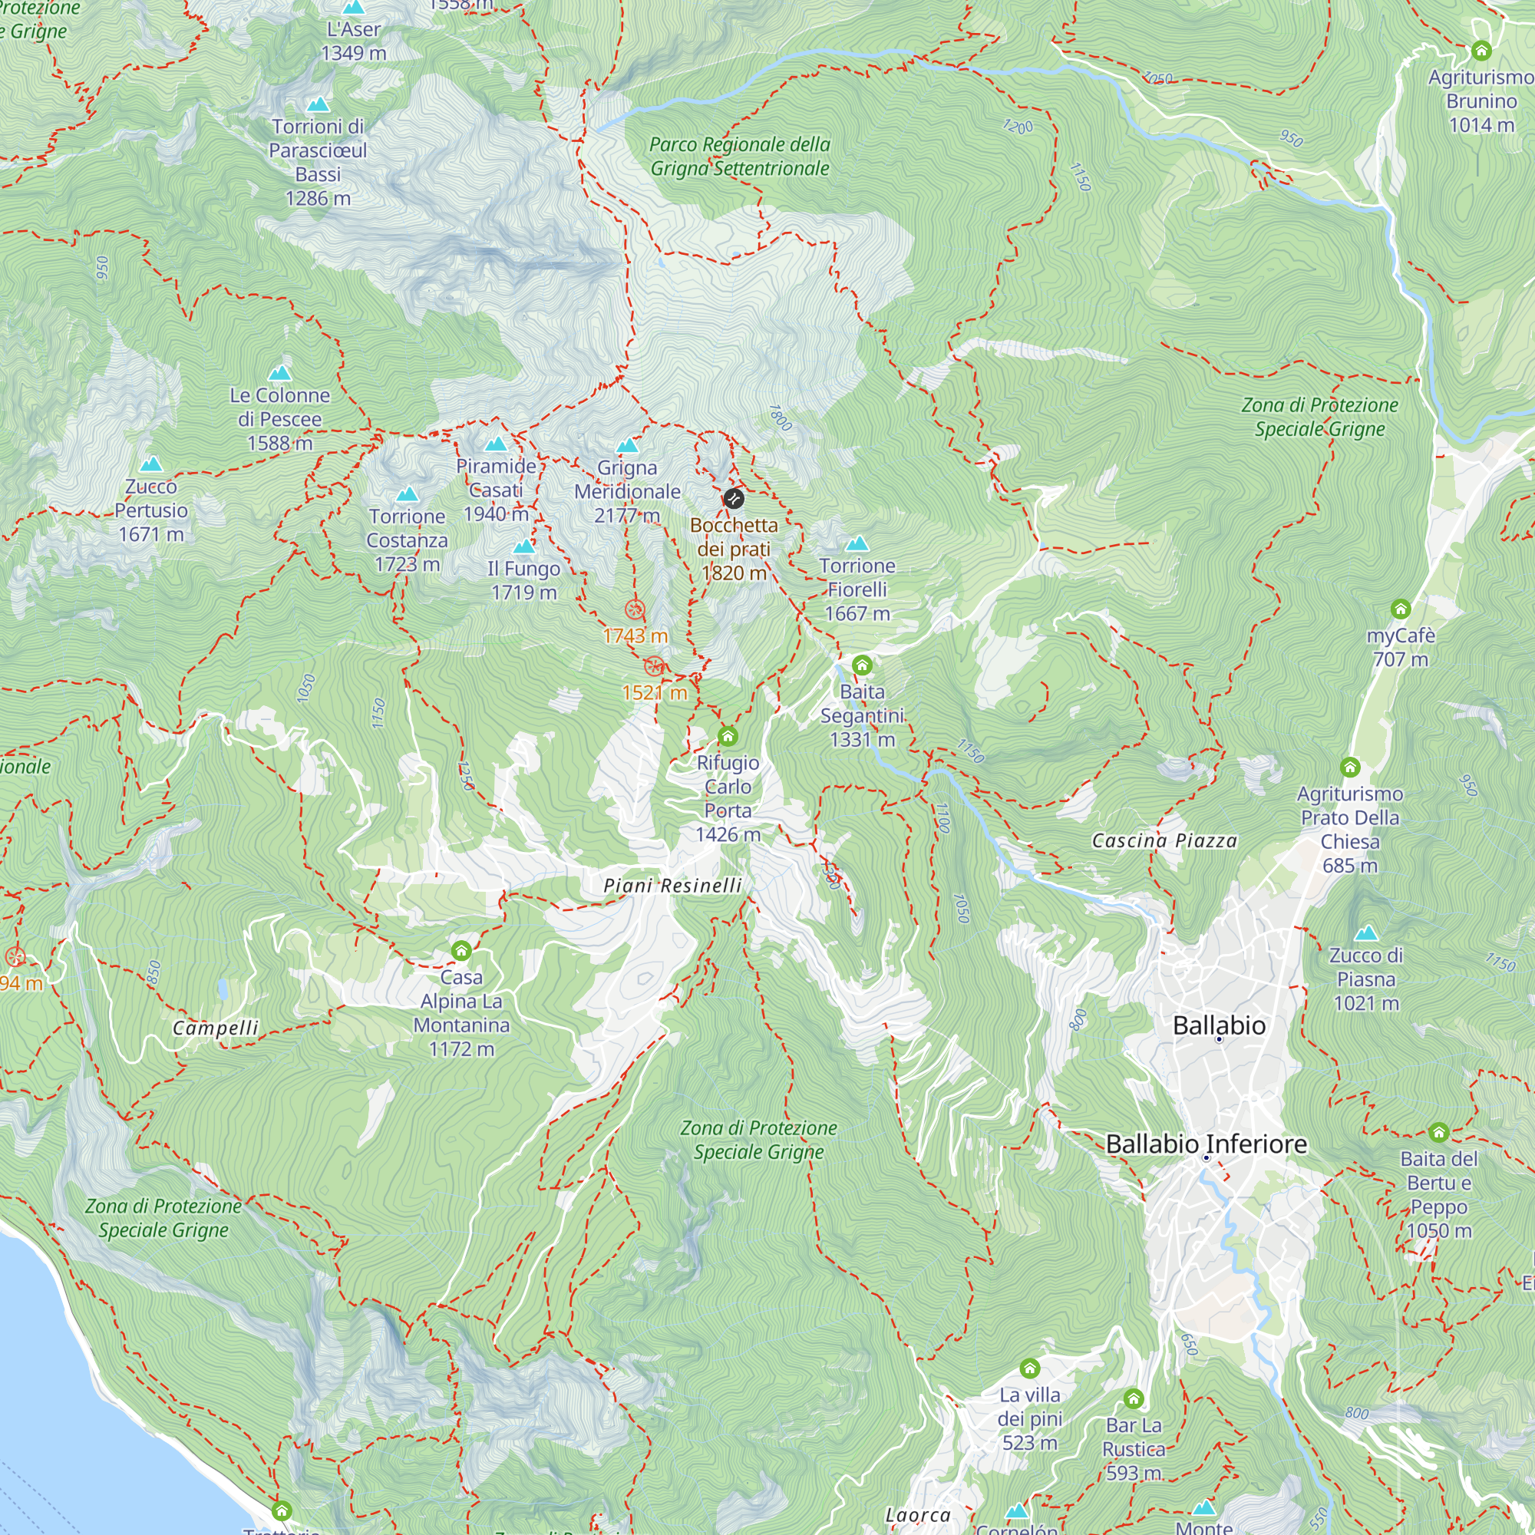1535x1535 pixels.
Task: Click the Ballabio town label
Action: [x=1219, y=1025]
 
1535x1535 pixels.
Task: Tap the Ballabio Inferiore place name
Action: [x=1206, y=1144]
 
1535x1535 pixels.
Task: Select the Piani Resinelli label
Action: [x=672, y=885]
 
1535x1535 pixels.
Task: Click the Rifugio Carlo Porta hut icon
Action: [x=728, y=736]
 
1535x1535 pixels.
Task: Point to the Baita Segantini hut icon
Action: [x=862, y=665]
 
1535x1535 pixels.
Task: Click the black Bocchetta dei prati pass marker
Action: [x=733, y=499]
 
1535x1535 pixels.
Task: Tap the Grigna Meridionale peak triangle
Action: [x=628, y=445]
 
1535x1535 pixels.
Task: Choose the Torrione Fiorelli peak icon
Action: [x=857, y=544]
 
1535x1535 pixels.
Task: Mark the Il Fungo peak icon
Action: [x=523, y=546]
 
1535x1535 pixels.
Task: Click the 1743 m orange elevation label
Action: [x=635, y=635]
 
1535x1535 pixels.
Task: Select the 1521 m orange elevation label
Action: [x=654, y=693]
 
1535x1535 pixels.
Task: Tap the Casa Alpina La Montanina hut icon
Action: [x=460, y=950]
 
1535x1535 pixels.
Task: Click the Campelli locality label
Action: [x=216, y=1028]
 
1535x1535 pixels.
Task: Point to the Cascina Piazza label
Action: [x=1164, y=840]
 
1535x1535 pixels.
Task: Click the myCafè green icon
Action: [x=1400, y=609]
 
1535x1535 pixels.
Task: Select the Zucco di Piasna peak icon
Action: [x=1366, y=933]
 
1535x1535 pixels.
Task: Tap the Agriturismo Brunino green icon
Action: [x=1481, y=51]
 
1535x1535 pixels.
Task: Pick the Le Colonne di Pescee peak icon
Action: [x=279, y=373]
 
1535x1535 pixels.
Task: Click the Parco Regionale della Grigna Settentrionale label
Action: [x=740, y=157]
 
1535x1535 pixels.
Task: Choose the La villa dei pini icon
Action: [x=1030, y=1368]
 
